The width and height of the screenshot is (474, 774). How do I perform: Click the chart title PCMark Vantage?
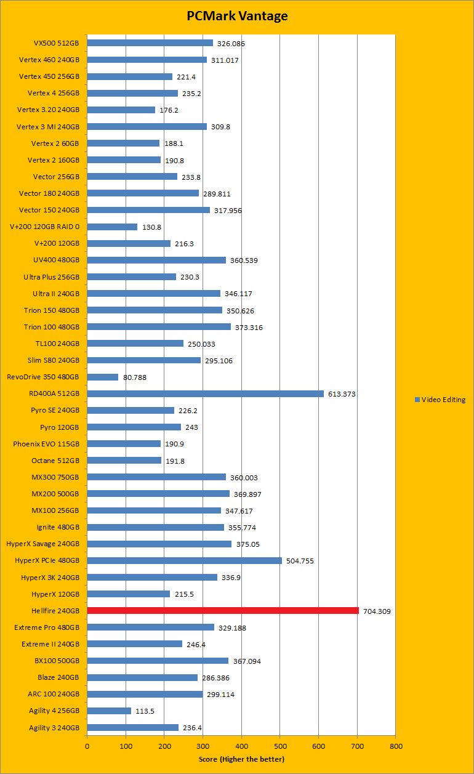click(237, 17)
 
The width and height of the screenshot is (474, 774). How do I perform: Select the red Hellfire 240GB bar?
click(223, 611)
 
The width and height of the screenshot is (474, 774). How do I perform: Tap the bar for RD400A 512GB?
click(205, 393)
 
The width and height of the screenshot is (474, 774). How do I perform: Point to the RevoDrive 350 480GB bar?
click(102, 377)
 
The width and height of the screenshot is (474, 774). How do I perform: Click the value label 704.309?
click(377, 611)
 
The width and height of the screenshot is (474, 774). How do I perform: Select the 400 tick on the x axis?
click(241, 746)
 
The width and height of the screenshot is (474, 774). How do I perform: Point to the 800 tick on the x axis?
click(395, 746)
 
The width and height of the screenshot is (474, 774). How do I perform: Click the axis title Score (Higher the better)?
click(241, 759)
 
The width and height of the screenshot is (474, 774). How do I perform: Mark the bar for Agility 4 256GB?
click(109, 711)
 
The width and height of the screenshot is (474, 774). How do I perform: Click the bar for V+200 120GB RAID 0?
click(112, 227)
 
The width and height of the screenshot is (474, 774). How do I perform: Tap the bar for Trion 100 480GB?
click(159, 327)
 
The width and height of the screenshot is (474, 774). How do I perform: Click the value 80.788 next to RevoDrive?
click(135, 377)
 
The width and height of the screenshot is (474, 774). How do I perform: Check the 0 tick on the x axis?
click(87, 746)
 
